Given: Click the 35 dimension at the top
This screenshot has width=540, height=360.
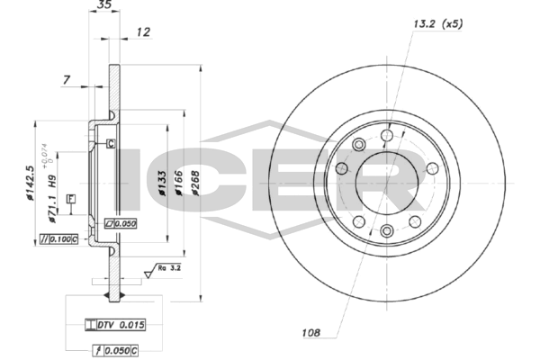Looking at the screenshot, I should coord(104,5).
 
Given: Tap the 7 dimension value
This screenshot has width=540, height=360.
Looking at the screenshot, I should coord(67,81).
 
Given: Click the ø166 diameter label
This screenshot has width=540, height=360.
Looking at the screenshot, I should coord(177,180).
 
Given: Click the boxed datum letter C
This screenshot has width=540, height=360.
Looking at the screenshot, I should coord(110,143).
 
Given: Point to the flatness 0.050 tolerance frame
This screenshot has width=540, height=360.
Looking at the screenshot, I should coord(120,221).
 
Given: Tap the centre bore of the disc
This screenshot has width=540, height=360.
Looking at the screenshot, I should coord(387,184).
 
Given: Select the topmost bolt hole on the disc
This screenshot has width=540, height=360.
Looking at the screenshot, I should coord(387,136).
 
